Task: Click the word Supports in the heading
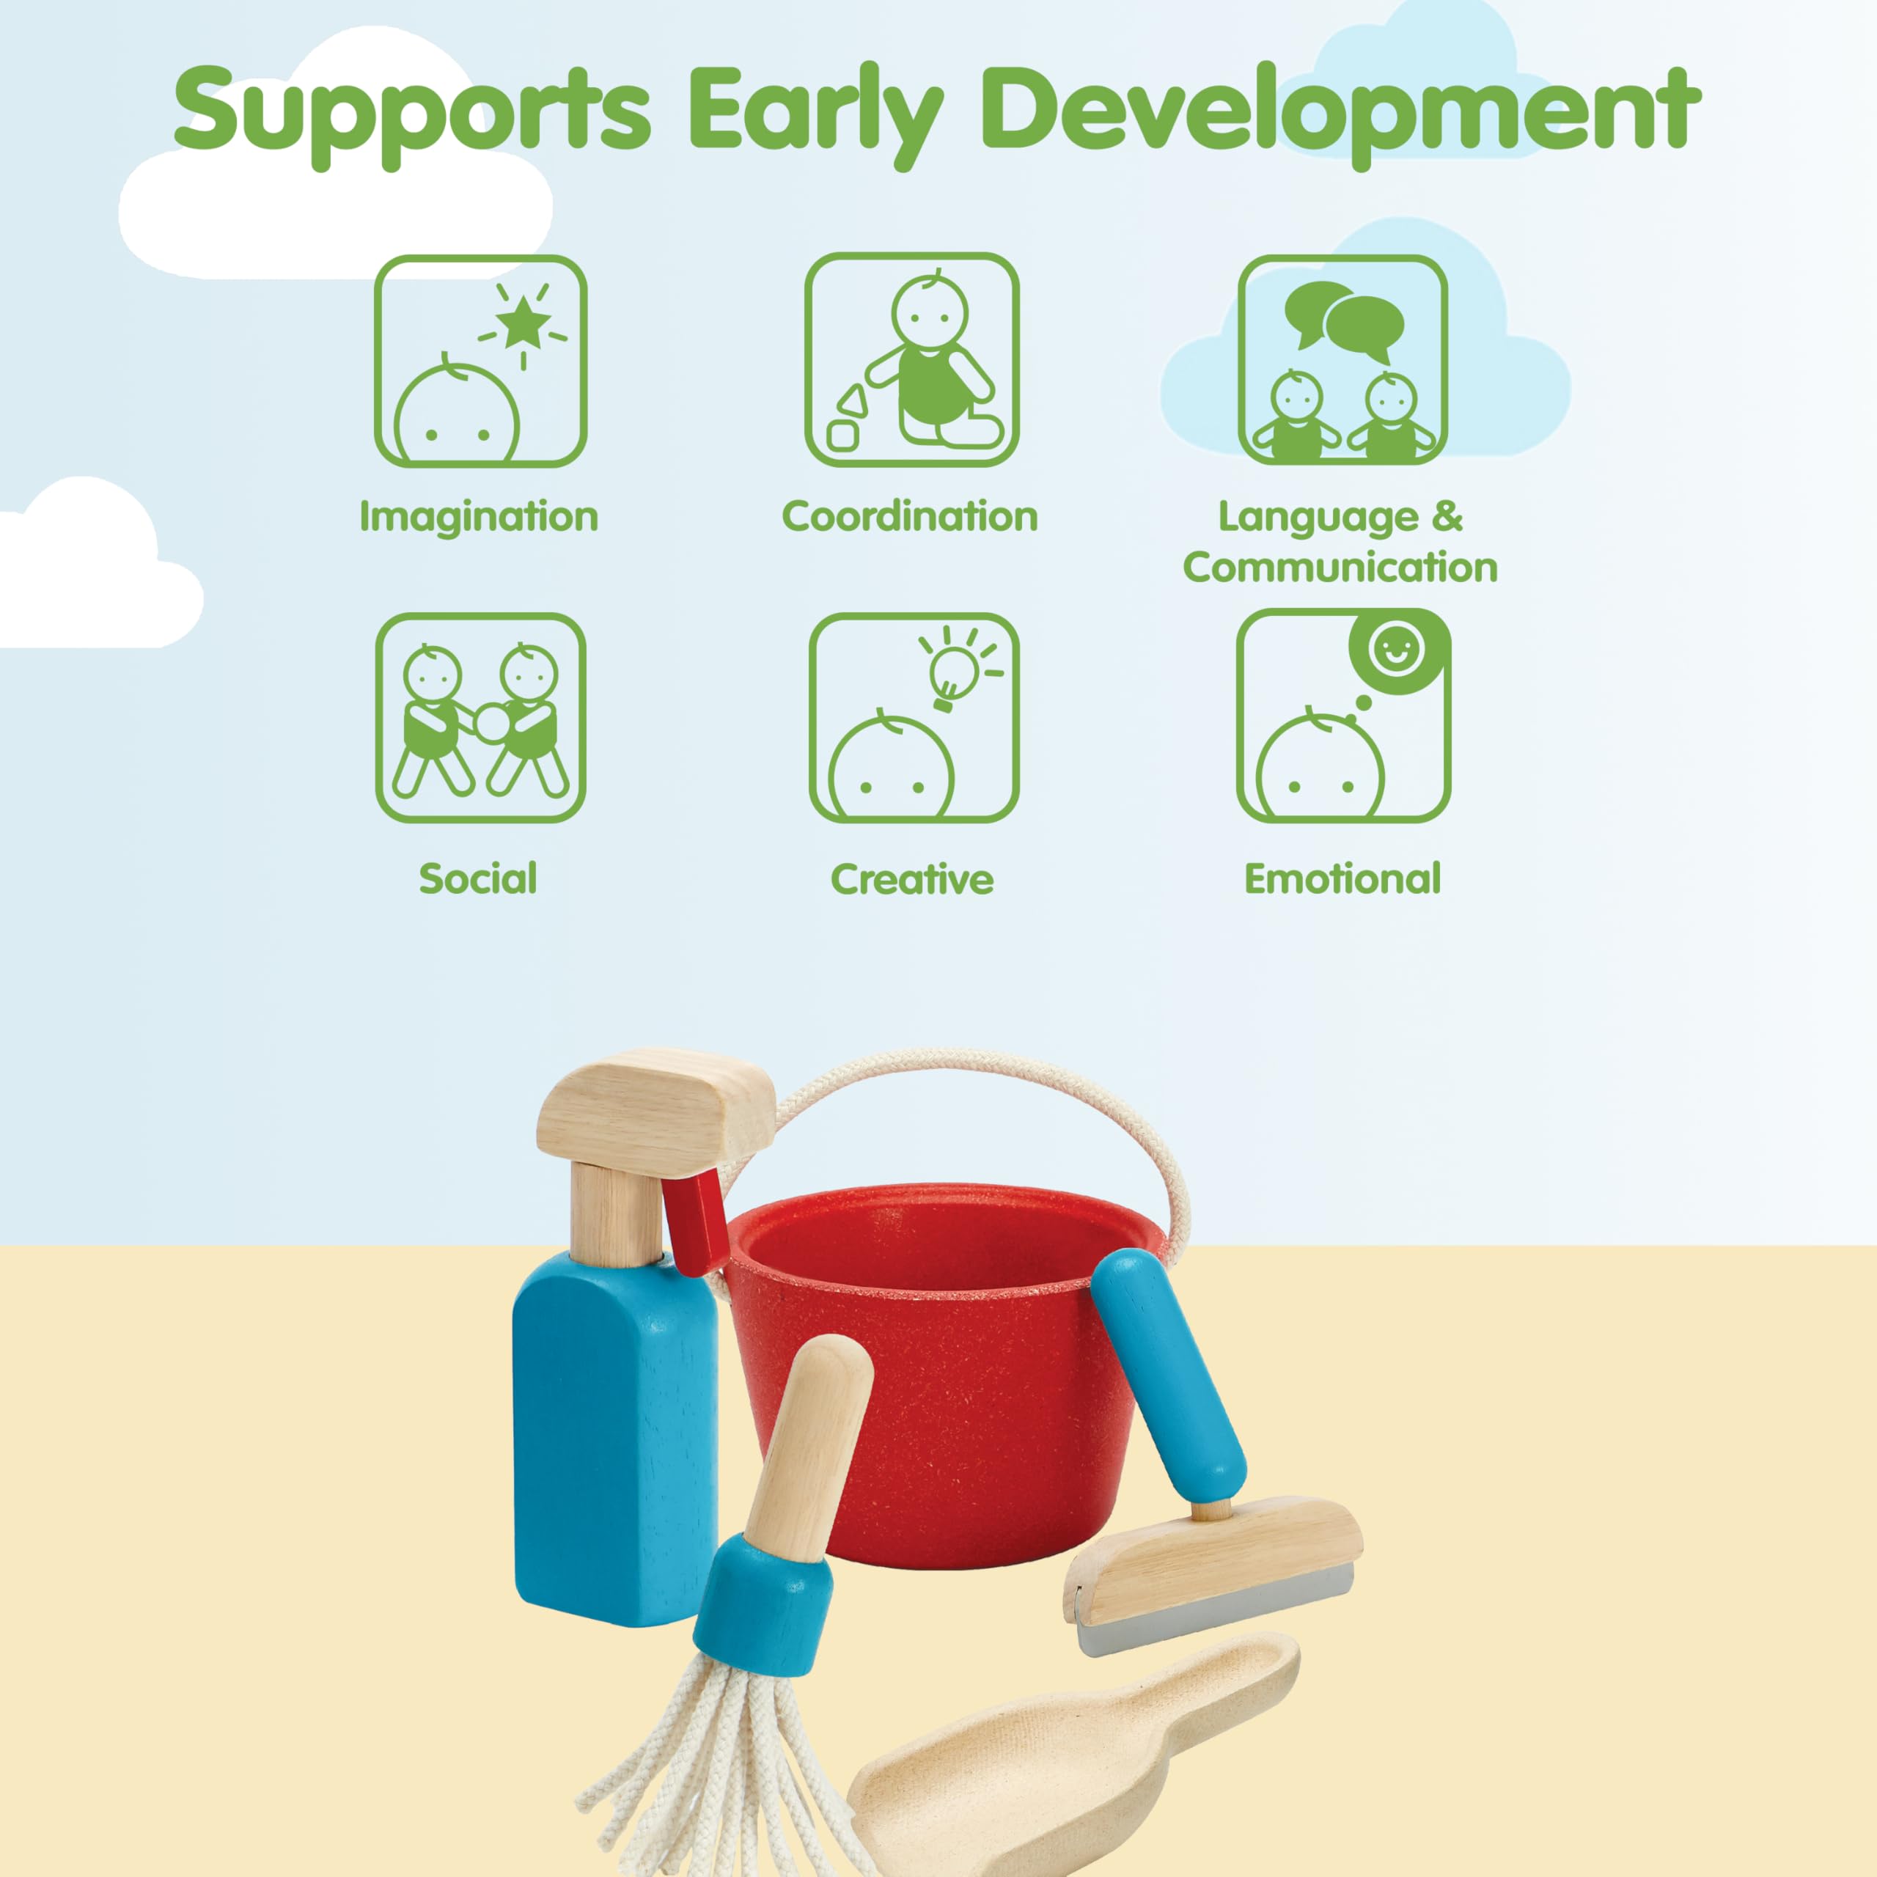tap(412, 114)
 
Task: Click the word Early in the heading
tap(816, 114)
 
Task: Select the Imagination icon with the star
tap(481, 361)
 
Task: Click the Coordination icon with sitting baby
tap(911, 359)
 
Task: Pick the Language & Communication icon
tap(1342, 359)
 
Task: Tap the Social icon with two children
tap(481, 718)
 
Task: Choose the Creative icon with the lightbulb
tap(914, 718)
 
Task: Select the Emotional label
tap(1342, 878)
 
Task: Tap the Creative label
tap(912, 878)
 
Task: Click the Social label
tap(478, 878)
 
